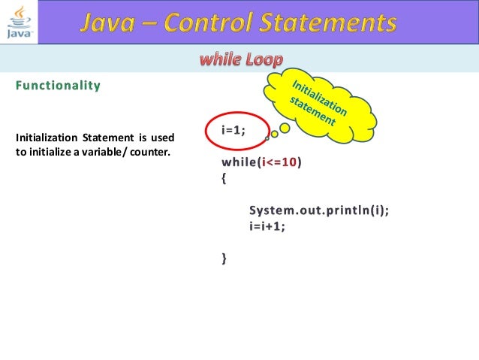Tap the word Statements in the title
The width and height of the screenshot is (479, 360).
tap(331, 23)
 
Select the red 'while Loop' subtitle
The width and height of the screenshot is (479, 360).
tap(240, 59)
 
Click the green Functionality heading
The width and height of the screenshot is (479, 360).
tap(58, 86)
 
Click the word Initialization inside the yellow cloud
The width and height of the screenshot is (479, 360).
tap(320, 97)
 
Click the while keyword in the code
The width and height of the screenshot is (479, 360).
tap(237, 162)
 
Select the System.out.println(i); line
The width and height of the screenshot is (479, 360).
tap(319, 210)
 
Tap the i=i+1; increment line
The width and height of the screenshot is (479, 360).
tap(268, 225)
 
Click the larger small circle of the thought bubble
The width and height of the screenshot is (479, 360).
tap(285, 130)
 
